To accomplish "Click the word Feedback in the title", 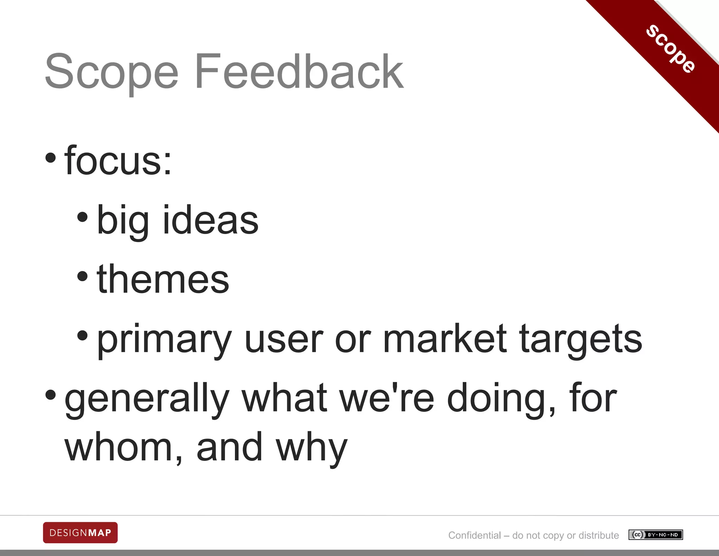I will [x=299, y=71].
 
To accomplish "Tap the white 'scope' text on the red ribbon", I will [x=671, y=49].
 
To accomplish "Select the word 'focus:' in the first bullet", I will [x=118, y=161].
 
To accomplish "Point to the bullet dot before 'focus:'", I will [x=51, y=157].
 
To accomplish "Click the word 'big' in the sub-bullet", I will [x=123, y=221].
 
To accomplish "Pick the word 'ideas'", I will [x=211, y=220].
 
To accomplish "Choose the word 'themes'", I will [x=163, y=279].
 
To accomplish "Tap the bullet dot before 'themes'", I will [x=82, y=276].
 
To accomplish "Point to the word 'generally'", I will [x=147, y=399].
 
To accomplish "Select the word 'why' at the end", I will [x=311, y=448].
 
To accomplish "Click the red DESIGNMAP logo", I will [x=80, y=533].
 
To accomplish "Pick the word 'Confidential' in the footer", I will [x=474, y=535].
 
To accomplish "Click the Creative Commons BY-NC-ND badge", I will [x=655, y=535].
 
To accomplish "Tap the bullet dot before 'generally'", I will [x=51, y=395].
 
